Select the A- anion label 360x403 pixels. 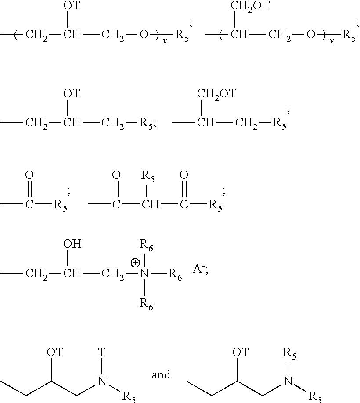(x=199, y=270)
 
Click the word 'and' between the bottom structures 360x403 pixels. (x=161, y=375)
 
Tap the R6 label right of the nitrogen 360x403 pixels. (x=176, y=275)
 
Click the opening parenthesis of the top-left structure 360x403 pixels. (x=16, y=35)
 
